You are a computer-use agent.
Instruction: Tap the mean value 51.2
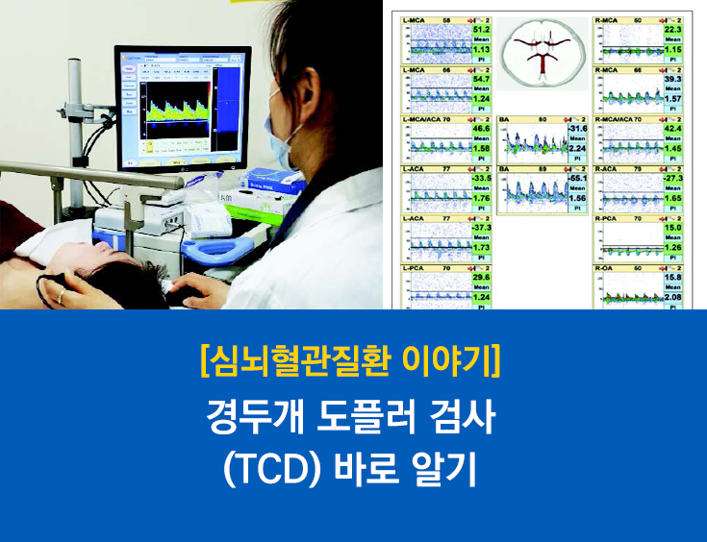click(482, 31)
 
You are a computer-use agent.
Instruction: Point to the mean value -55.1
click(577, 180)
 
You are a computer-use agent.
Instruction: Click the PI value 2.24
click(577, 149)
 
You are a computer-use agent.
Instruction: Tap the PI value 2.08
click(672, 298)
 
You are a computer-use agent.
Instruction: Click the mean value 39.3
click(672, 81)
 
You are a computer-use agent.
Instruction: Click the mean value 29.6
click(482, 278)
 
